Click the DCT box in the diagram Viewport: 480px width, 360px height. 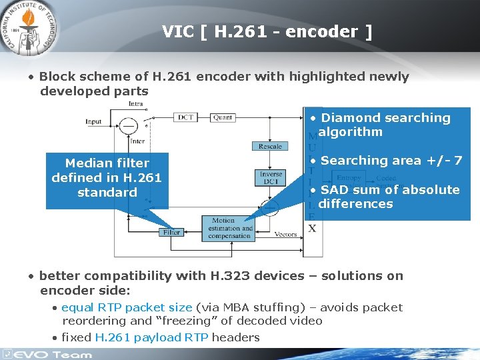pyautogui.click(x=186, y=117)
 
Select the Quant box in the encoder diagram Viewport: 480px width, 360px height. pyautogui.click(x=223, y=117)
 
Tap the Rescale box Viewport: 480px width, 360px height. pyautogui.click(x=269, y=146)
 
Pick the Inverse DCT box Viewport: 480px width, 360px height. pyautogui.click(x=271, y=178)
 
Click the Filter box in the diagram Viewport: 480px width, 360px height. pyautogui.click(x=171, y=233)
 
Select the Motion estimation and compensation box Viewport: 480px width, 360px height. pyautogui.click(x=230, y=228)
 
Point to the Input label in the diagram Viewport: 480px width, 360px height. pyautogui.click(x=93, y=121)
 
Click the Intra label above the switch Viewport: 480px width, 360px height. pyautogui.click(x=135, y=104)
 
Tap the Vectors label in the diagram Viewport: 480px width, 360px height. pyautogui.click(x=285, y=234)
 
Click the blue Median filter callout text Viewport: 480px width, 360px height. pyautogui.click(x=107, y=177)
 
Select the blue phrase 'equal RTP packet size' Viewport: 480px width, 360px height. pyautogui.click(x=127, y=307)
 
